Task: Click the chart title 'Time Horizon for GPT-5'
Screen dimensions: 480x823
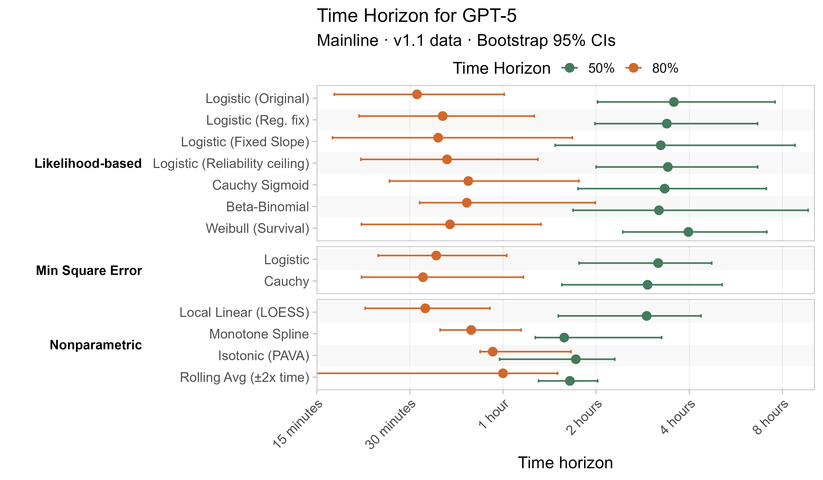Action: click(x=416, y=16)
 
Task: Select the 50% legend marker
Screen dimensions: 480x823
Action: click(x=570, y=68)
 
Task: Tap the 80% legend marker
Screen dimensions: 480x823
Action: click(x=633, y=68)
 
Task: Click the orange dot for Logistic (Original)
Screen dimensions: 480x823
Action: click(x=417, y=94)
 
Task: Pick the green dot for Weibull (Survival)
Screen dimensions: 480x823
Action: click(x=688, y=232)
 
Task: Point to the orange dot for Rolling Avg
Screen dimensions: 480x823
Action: click(x=503, y=373)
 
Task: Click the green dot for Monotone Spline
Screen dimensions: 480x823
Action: click(x=564, y=338)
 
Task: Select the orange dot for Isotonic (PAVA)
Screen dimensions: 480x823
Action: click(x=493, y=352)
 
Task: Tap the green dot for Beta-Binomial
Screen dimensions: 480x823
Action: click(x=659, y=210)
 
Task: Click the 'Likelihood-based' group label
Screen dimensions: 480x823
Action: click(x=88, y=163)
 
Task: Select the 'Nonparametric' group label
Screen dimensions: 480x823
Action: click(x=96, y=345)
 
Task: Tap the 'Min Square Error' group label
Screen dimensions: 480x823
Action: click(x=89, y=270)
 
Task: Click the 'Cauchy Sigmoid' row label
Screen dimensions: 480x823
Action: click(x=260, y=185)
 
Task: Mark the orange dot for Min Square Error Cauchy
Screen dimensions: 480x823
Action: click(x=423, y=277)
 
